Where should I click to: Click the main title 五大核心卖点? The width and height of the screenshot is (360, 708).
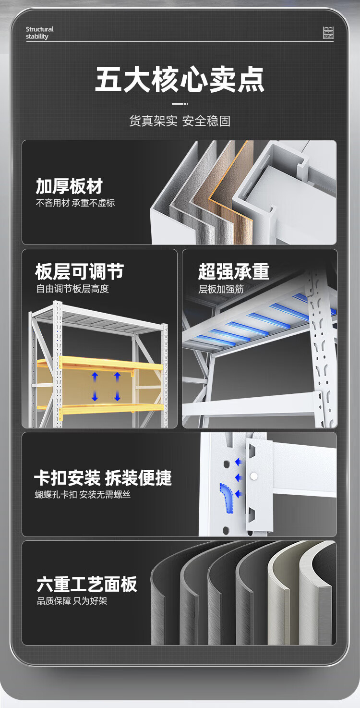pyautogui.click(x=180, y=79)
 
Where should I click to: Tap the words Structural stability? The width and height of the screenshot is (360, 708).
pyautogui.click(x=39, y=33)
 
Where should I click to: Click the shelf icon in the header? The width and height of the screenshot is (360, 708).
pyautogui.click(x=328, y=33)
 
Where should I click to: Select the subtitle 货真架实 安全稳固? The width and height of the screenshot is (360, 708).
pyautogui.click(x=180, y=121)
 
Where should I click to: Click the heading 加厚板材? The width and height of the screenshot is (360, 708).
pyautogui.click(x=69, y=186)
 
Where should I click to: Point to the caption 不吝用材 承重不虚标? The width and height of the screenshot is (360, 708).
pyautogui.click(x=75, y=203)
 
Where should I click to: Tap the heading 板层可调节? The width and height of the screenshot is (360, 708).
pyautogui.click(x=79, y=271)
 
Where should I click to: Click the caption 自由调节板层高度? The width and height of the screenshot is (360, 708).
pyautogui.click(x=72, y=289)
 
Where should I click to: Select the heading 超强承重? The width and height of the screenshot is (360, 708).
pyautogui.click(x=234, y=271)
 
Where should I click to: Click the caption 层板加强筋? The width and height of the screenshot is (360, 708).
pyautogui.click(x=221, y=289)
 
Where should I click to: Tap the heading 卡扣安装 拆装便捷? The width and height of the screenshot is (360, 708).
pyautogui.click(x=103, y=477)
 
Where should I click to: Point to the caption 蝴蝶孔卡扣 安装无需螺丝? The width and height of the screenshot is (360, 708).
pyautogui.click(x=83, y=494)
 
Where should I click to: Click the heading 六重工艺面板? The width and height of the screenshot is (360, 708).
pyautogui.click(x=87, y=584)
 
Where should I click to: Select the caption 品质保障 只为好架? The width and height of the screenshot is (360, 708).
pyautogui.click(x=72, y=601)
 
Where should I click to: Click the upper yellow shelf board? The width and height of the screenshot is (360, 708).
pyautogui.click(x=100, y=364)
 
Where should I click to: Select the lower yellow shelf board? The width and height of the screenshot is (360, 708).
pyautogui.click(x=100, y=409)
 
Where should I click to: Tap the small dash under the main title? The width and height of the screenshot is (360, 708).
pyautogui.click(x=180, y=103)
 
